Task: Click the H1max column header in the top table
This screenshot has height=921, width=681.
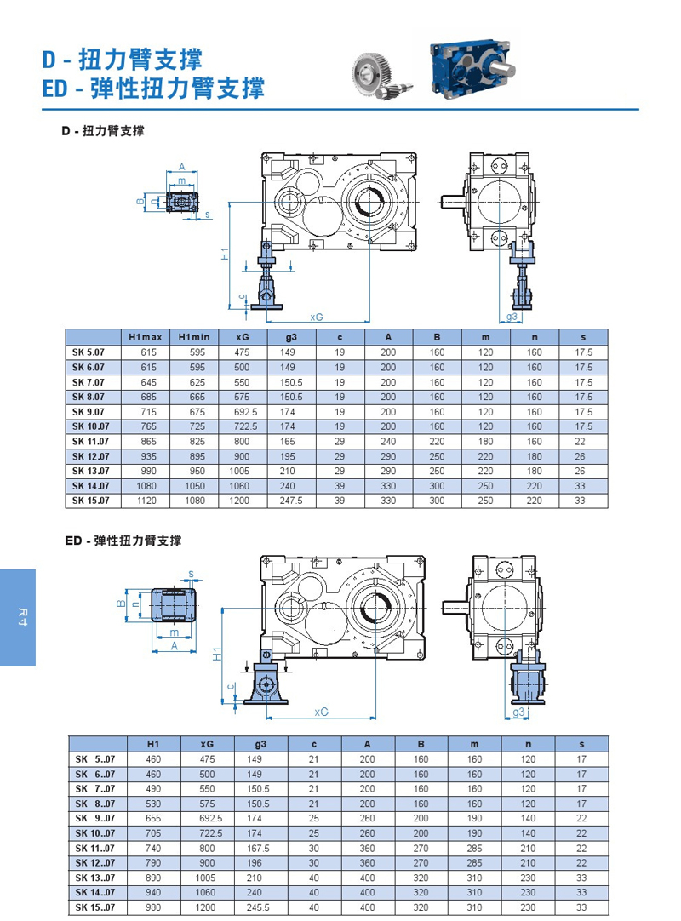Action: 145,337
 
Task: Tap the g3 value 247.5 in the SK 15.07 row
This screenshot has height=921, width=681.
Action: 291,501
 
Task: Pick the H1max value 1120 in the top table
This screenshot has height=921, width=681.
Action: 146,501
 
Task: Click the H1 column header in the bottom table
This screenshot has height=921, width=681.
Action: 153,744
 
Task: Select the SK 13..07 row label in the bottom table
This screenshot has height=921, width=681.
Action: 94,878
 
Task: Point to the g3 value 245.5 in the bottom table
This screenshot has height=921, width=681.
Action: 258,907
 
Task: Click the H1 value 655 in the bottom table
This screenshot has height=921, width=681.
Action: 153,818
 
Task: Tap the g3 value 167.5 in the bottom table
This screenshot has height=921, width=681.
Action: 258,849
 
